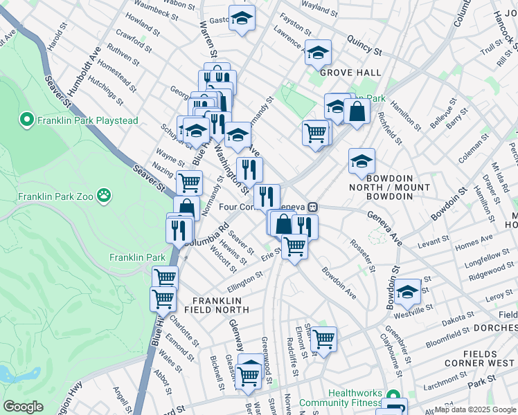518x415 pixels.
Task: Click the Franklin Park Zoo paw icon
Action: (x=104, y=195)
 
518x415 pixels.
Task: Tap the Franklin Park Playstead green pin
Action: (x=28, y=120)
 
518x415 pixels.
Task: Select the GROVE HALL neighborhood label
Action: (x=341, y=72)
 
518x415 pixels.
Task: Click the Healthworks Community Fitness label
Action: (x=355, y=398)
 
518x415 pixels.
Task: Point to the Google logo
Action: (x=23, y=407)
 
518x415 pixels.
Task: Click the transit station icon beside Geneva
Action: (x=313, y=205)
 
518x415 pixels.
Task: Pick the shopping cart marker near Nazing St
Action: (x=189, y=183)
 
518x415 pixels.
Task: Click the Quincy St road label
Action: (x=364, y=46)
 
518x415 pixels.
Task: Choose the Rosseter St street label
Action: (x=362, y=255)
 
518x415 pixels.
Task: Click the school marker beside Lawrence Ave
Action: (x=318, y=52)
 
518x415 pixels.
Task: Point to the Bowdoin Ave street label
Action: (x=339, y=283)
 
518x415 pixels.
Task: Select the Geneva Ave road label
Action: (x=384, y=228)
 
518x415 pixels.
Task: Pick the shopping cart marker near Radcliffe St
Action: (x=323, y=339)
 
